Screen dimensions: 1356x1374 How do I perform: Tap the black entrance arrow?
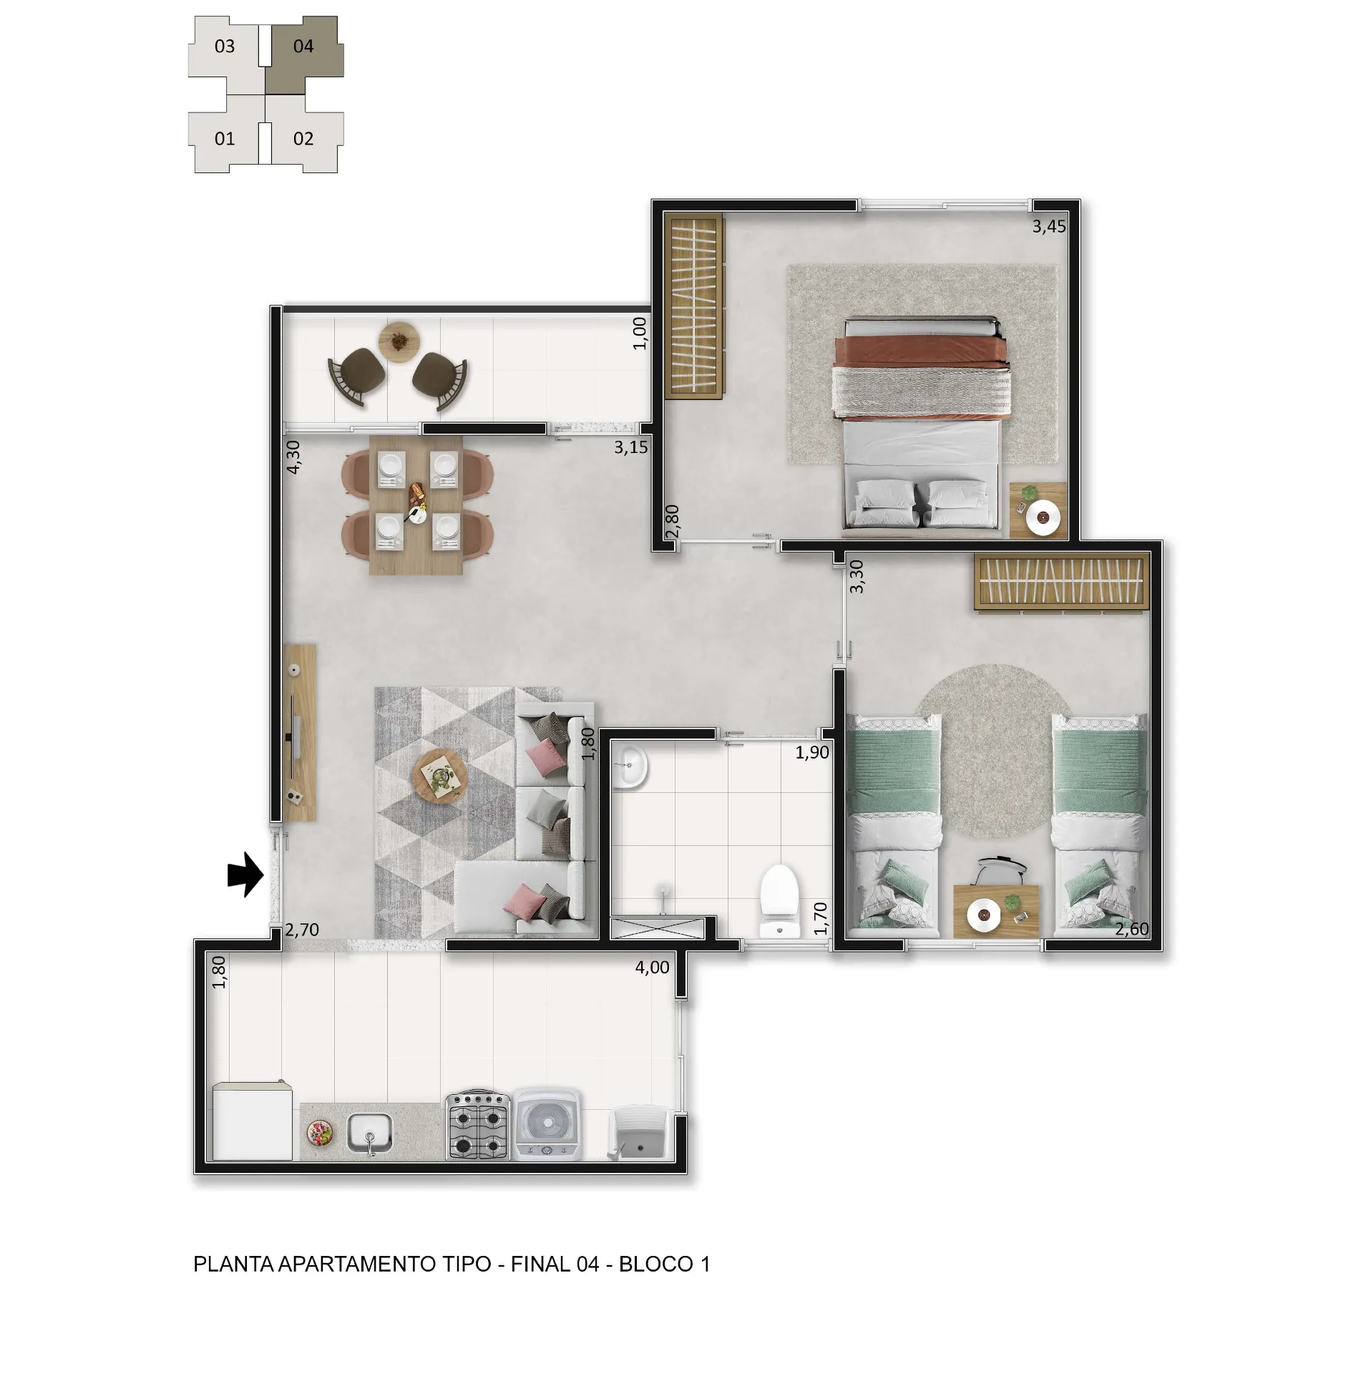tap(245, 874)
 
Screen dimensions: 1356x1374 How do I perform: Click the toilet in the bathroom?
tap(779, 902)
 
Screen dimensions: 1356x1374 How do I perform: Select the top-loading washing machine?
tap(547, 1124)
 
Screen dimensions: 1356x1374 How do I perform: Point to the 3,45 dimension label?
tap(1048, 227)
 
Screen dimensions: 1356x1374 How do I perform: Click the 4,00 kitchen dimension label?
tap(652, 968)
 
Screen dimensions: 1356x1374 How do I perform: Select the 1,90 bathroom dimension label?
tap(812, 752)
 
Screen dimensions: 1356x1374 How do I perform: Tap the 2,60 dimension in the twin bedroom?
tap(1131, 929)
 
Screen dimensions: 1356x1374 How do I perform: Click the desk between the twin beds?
tap(996, 911)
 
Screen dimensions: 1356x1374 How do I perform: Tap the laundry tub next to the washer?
tap(639, 1134)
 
